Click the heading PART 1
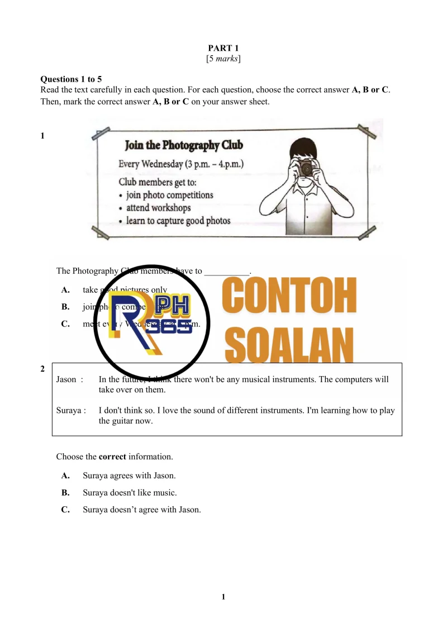pos(223,49)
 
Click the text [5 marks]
pos(223,59)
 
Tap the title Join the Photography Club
pos(184,146)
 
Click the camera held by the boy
pos(306,167)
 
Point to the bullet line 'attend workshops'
pos(158,208)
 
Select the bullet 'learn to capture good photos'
pos(178,221)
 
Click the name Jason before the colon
pos(66,379)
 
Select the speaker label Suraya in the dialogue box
pos(69,411)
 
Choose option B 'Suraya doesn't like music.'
pos(130,493)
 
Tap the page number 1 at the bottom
pos(223,597)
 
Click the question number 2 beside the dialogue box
pos(42,369)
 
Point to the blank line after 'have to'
pos(226,272)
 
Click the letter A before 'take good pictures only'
pos(65,290)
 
